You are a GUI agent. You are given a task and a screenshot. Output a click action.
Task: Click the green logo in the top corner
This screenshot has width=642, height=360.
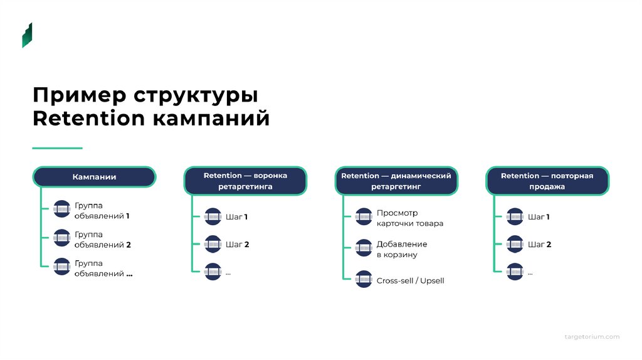tap(27, 35)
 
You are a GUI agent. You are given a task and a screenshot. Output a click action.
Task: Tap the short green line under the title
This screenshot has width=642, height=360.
tap(57, 148)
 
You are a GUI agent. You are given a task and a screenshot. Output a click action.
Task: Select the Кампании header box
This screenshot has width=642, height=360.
tap(94, 177)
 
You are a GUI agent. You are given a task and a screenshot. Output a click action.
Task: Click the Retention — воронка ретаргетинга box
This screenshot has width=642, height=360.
tap(245, 181)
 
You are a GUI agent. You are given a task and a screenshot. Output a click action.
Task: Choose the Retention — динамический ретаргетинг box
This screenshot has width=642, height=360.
tap(396, 181)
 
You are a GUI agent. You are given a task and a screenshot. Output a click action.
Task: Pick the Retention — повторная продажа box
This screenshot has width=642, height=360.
tap(547, 181)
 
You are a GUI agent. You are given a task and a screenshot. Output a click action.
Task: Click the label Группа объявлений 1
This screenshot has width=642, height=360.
tap(102, 211)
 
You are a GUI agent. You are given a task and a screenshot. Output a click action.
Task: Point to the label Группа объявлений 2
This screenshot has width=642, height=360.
tap(102, 240)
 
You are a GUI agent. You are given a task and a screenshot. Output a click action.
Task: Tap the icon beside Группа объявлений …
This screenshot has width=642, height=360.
tap(61, 267)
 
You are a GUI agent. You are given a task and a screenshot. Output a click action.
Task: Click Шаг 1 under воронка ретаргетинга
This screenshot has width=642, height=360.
tap(237, 217)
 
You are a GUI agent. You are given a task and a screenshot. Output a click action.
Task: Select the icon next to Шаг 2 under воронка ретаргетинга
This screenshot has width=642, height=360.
tap(213, 244)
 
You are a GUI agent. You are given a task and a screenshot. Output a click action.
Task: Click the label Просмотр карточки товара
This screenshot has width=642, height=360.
tap(409, 218)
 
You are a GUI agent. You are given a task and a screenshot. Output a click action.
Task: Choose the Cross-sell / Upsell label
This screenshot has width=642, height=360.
tap(410, 280)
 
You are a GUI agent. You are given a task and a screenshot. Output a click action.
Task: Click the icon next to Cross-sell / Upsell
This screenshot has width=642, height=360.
tap(364, 279)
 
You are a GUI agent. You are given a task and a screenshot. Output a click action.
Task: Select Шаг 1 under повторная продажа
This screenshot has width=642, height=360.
tap(539, 217)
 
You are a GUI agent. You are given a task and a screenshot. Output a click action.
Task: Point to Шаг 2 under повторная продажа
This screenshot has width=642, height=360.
tap(539, 245)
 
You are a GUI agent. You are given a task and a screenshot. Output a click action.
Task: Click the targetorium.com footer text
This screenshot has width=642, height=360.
tap(591, 337)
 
